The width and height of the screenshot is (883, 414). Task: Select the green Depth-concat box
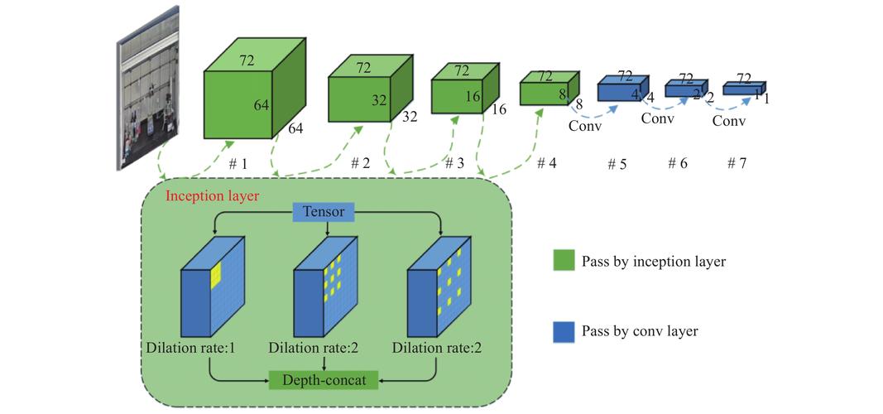324,379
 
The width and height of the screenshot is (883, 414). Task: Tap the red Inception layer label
213,196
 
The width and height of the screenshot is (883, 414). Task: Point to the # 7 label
737,163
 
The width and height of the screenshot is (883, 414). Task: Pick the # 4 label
546,163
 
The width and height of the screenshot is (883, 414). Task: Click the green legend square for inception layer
564,261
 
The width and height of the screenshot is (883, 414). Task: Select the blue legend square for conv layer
564,331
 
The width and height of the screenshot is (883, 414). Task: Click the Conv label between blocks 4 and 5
585,127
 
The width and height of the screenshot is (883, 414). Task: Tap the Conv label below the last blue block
729,121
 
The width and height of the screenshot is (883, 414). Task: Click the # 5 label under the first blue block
617,164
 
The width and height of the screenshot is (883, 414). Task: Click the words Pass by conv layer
640,331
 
